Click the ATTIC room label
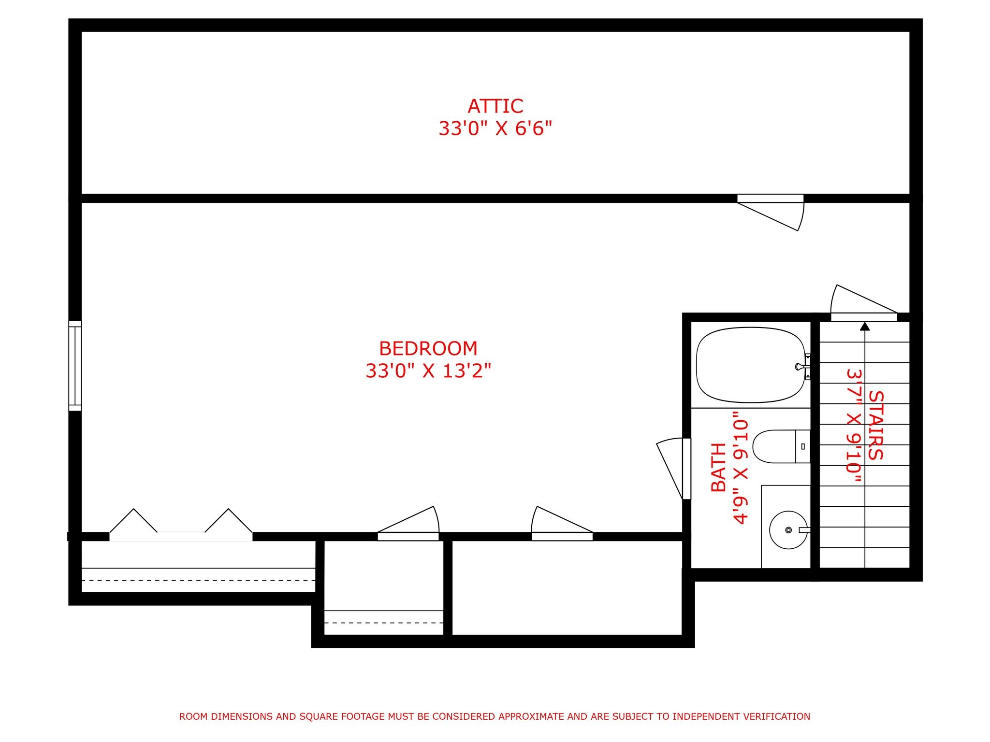[495, 106]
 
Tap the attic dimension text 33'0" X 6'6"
[495, 128]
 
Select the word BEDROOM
[428, 348]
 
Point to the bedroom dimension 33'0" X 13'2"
[428, 371]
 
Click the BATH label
[719, 467]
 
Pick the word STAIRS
[875, 425]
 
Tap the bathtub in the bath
[751, 365]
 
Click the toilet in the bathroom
[781, 446]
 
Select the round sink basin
[788, 530]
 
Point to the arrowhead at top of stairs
[865, 326]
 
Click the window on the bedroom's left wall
[75, 366]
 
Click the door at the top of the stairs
[864, 317]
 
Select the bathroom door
[686, 469]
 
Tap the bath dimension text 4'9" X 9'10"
[741, 468]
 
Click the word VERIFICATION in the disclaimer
[774, 716]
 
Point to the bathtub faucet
[802, 367]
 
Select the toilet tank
[803, 446]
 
